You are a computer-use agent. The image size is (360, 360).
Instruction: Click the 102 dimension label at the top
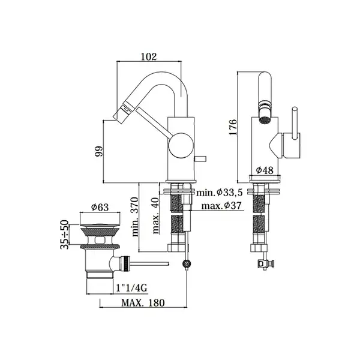[x=149, y=57]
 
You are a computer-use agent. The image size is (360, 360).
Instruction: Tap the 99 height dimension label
[x=99, y=151]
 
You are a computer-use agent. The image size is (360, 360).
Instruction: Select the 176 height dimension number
[x=233, y=127]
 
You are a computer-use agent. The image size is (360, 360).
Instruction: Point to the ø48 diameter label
[x=265, y=170]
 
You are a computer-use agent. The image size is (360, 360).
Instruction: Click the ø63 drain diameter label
[x=100, y=208]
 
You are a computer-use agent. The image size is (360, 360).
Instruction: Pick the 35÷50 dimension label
[x=65, y=235]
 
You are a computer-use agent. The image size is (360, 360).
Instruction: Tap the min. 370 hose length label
[x=135, y=217]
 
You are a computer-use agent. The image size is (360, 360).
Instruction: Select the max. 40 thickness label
[x=156, y=215]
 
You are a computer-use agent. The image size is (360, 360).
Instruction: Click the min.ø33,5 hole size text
[x=219, y=193]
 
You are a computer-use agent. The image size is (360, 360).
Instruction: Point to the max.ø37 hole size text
[x=221, y=205]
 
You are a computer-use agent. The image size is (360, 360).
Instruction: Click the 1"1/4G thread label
[x=131, y=287]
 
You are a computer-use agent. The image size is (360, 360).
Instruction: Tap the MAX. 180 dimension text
[x=143, y=303]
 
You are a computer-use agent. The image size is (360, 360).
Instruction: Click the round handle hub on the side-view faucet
[x=181, y=145]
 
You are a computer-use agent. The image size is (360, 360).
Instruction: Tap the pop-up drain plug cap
[x=100, y=225]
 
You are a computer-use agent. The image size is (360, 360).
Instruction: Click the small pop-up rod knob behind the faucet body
[x=200, y=159]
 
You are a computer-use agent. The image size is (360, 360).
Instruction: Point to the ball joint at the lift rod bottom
[x=187, y=264]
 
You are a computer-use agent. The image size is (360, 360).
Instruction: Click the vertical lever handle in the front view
[x=295, y=123]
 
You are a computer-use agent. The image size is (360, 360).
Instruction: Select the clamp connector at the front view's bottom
[x=266, y=264]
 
